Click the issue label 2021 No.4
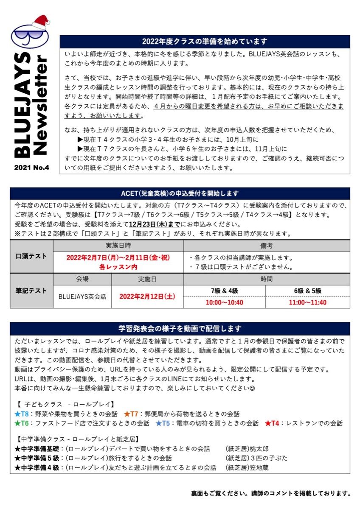[x=31, y=168]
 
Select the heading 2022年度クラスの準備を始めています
[x=205, y=42]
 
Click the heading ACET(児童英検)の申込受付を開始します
[x=180, y=193]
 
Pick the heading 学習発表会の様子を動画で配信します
[x=180, y=328]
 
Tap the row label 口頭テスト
[x=31, y=256]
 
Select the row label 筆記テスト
[x=31, y=291]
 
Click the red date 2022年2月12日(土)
[x=147, y=296]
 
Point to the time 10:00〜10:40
[x=225, y=302]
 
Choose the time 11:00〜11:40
[x=308, y=302]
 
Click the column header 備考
[x=267, y=246]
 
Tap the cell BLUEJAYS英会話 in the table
[x=82, y=296]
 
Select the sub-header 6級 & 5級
[x=308, y=291]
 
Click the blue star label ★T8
[x=21, y=414]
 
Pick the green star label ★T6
[x=21, y=423]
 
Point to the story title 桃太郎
[x=260, y=448]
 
